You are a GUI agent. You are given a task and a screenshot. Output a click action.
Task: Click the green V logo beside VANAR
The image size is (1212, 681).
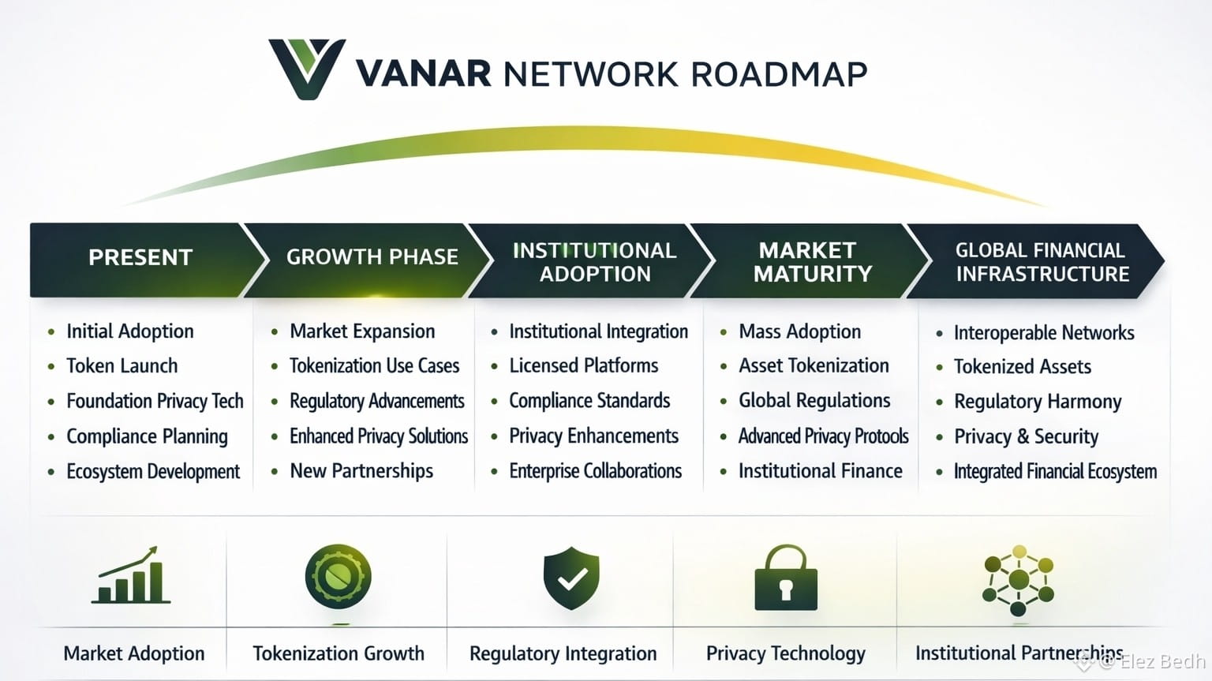point(306,69)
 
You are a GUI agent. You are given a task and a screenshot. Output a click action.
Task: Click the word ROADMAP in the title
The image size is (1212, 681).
point(779,74)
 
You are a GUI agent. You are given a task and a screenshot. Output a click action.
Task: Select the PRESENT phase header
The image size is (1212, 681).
point(140,258)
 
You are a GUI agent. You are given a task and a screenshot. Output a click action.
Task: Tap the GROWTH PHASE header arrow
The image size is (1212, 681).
point(372,257)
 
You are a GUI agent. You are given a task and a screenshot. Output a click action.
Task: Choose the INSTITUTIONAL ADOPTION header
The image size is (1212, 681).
point(594,262)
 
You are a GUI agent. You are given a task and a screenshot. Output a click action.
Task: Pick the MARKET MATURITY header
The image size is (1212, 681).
point(812,262)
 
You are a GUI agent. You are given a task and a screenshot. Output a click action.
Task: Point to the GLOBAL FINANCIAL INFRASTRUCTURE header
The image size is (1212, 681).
point(1042,262)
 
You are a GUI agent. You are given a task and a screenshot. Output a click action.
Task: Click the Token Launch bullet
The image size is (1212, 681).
point(122,366)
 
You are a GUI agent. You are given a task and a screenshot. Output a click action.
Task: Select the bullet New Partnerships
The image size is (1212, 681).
point(361,471)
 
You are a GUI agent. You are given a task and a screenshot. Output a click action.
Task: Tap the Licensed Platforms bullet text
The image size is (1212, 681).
point(583,366)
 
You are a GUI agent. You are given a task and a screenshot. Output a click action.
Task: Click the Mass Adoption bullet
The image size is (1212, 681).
point(799,331)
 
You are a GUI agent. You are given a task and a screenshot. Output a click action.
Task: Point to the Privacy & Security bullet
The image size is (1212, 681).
point(1026,436)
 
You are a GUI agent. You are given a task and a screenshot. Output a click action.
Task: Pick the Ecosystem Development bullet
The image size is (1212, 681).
point(153,472)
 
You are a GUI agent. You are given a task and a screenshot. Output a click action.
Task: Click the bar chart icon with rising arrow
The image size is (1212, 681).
point(131,575)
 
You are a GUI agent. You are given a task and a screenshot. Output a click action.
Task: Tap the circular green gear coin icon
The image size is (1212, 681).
point(338,577)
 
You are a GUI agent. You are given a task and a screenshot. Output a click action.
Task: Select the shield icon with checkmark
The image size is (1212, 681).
point(571,578)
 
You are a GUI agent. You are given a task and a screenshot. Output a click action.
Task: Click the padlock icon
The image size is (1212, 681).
point(785,578)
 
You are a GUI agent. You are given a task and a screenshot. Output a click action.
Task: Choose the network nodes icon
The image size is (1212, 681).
point(1019,581)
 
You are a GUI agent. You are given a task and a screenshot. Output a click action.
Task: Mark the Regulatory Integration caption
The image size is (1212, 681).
point(563,653)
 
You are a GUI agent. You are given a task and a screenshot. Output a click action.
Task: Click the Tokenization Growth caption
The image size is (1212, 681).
point(338,653)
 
